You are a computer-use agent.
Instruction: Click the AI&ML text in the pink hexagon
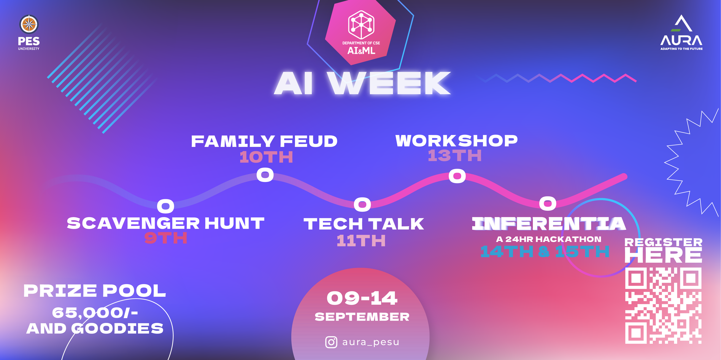(361, 51)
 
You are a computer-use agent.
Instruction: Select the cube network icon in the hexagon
(361, 25)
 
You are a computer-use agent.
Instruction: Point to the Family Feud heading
(264, 141)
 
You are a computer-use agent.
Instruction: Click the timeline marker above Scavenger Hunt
(165, 206)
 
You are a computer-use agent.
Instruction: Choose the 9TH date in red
(166, 238)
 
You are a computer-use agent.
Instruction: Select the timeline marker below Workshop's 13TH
(457, 176)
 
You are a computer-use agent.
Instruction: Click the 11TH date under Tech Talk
(361, 241)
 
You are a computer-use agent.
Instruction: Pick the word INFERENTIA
(549, 224)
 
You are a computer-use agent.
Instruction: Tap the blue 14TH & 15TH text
(545, 251)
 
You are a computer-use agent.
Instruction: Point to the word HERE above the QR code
(663, 255)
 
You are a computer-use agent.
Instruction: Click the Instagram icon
(331, 342)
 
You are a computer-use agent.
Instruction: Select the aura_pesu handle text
(371, 342)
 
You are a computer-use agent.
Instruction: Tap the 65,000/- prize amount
(95, 313)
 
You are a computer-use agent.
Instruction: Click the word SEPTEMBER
(362, 317)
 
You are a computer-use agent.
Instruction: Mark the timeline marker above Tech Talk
(362, 204)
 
